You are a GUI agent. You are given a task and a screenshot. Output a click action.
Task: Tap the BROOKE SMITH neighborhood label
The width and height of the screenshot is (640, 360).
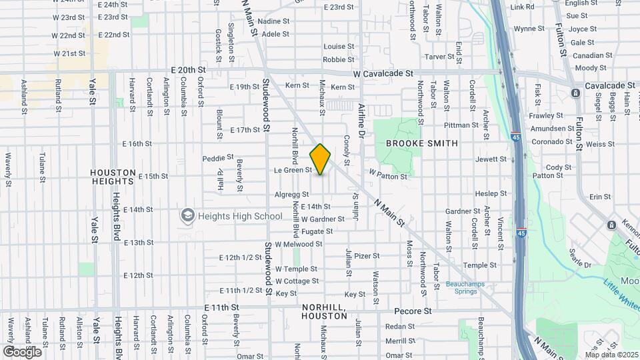[x=422, y=143]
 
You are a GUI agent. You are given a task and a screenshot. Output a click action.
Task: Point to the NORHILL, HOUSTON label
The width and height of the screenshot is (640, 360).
[x=325, y=311]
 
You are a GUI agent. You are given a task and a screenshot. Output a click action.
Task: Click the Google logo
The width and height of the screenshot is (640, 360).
[x=21, y=351]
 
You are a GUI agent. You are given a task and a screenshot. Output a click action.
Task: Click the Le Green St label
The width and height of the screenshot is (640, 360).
[x=293, y=170]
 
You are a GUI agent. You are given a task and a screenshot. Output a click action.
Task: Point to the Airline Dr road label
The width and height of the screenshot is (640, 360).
[x=361, y=119]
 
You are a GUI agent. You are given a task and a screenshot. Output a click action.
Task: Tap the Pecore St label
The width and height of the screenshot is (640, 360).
[x=413, y=311]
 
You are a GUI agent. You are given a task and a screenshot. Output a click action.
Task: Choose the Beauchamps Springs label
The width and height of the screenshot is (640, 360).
[x=464, y=288]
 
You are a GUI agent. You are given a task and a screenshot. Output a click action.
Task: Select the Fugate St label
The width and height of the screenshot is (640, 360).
[x=317, y=231]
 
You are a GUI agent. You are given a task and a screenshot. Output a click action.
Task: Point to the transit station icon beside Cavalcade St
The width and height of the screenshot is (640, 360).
[x=575, y=93]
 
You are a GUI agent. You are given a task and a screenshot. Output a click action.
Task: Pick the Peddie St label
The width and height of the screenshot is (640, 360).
[x=218, y=158]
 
